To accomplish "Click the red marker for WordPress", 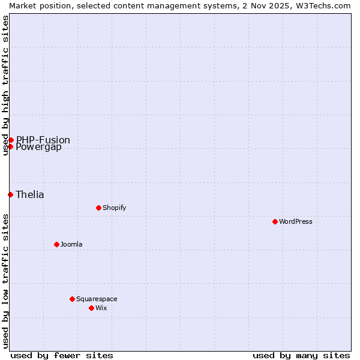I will point(275,221).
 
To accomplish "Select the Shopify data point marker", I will point(98,208).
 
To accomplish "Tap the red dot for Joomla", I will point(56,244).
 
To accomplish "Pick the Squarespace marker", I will point(72,299).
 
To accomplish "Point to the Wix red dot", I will point(91,308).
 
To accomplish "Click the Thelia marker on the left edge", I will point(10,194).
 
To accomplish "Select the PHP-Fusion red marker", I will point(11,140).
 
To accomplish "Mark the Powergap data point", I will point(10,146).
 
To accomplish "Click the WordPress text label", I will point(296,221).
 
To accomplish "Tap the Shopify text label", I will point(114,208).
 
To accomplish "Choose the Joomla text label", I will point(71,244).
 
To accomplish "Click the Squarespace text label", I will point(97,299).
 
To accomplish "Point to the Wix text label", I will point(101,308).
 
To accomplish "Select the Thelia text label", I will point(30,194).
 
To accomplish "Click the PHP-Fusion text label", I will point(43,140).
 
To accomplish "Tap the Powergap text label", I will point(39,147).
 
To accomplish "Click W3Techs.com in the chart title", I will point(322,5).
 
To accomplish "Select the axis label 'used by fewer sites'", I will point(62,355).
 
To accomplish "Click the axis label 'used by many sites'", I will point(301,355).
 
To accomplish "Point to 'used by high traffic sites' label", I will point(5,85).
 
